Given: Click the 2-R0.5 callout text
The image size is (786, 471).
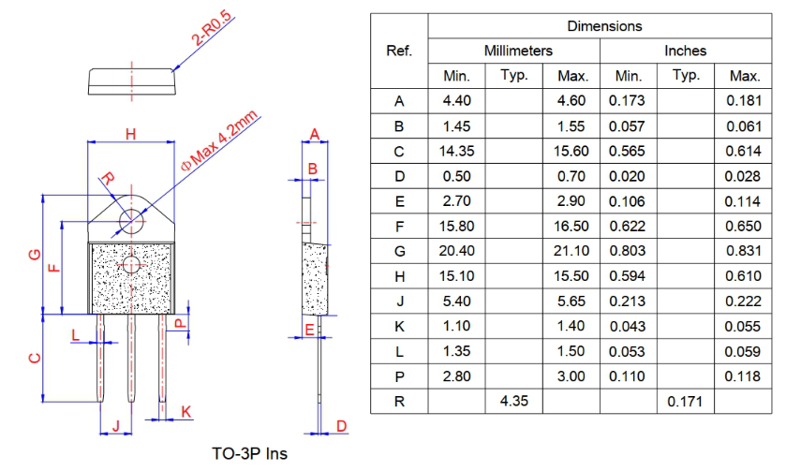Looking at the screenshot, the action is coord(213,29).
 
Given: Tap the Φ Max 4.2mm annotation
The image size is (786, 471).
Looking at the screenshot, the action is coord(220,140).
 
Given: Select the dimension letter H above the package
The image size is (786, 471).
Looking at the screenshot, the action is coord(131,134).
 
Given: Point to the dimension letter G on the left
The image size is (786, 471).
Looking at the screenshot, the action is coord(35,255).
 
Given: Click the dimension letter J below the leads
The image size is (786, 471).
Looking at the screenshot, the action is coord(116,426).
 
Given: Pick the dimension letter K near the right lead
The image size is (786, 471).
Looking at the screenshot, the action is coord(186,412).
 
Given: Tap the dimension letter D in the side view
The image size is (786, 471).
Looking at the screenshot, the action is coord(341,426).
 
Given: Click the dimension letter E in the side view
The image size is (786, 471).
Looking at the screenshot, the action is coord(309,330).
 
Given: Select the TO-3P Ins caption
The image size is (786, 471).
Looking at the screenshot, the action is coord(249,454).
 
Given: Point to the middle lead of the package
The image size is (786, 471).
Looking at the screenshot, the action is coord(131,358).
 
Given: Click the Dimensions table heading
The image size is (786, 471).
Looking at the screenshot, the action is coord(604,26).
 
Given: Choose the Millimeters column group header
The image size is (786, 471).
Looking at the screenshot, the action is coord(518,51).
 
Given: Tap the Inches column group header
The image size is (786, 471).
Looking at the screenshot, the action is coord(685,51).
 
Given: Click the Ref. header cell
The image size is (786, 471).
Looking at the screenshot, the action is coord(399,51).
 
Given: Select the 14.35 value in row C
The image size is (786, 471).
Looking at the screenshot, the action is coord(456,151).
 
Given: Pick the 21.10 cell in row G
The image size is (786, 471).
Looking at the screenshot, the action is coord(571,251).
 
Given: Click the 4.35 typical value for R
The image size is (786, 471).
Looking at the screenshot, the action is coord(513,401).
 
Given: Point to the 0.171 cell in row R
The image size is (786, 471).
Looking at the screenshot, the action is coord(685,402).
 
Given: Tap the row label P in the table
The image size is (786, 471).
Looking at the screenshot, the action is coord(399,376).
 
